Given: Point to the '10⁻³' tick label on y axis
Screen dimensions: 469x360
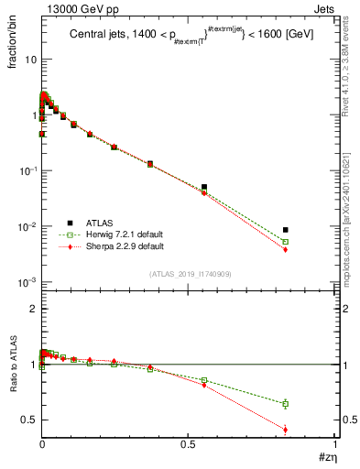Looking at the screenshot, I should tap(27, 283).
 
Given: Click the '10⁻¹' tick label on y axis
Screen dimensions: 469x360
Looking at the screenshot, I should tap(27, 171).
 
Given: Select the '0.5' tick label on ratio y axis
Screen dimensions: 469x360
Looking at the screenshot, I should tap(29, 420).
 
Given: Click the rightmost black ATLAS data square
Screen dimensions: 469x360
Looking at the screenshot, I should tap(286, 230).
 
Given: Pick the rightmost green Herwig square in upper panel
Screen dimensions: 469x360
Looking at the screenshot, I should tap(286, 242).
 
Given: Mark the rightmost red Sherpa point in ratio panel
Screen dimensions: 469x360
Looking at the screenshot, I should tap(286, 430).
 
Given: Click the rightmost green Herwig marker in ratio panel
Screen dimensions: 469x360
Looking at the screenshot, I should tap(286, 404).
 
